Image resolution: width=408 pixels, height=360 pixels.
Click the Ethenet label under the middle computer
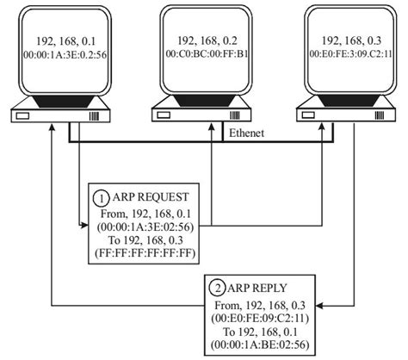(x=245, y=133)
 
